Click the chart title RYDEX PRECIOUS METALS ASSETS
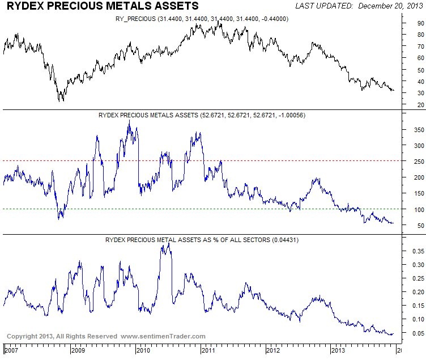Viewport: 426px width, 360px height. point(103,6)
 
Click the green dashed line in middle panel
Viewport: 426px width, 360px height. point(170,209)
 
